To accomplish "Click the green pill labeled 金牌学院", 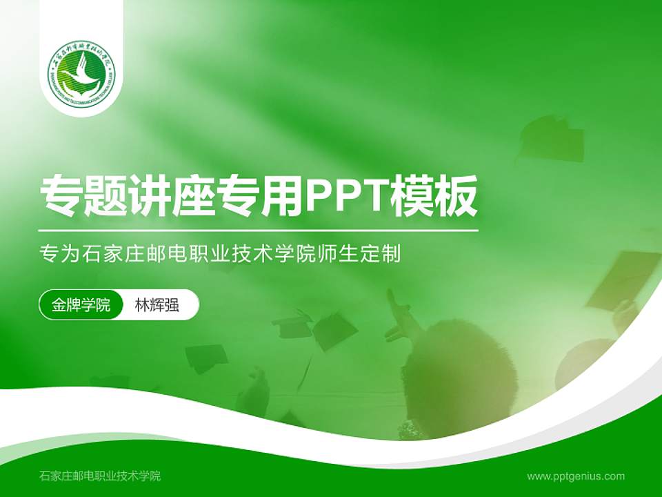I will coord(81,305).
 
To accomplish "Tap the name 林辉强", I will coord(157,305).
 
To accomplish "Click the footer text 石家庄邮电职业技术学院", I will coord(100,476).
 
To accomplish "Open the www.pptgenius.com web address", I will coord(576,476).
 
